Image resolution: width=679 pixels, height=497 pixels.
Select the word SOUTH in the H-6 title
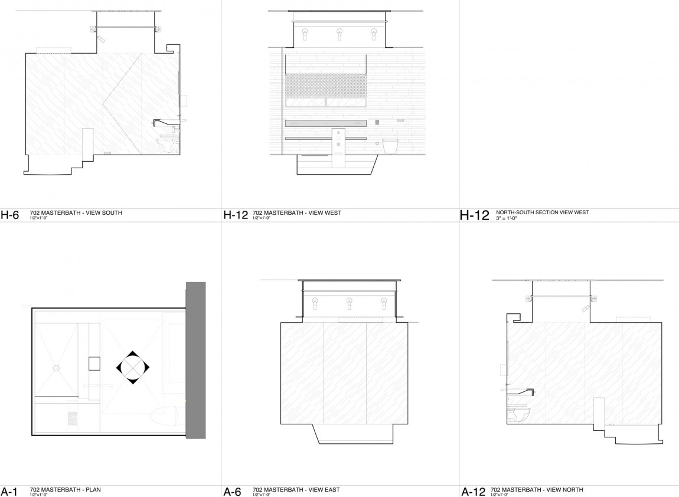[x=112, y=213]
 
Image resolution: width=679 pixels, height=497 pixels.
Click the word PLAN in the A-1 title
[x=93, y=489]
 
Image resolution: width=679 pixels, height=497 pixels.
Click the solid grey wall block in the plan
[x=195, y=360]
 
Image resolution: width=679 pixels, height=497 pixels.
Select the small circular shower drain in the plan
[x=56, y=368]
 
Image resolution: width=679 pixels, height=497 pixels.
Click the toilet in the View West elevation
[x=390, y=146]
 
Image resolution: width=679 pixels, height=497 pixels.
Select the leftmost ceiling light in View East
[x=315, y=302]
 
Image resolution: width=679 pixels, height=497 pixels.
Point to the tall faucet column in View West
[x=338, y=145]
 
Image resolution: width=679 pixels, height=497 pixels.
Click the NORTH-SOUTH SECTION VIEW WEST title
[x=542, y=212]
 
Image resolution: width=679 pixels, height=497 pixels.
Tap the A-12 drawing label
[x=473, y=492]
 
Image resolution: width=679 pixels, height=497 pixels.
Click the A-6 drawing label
[x=233, y=492]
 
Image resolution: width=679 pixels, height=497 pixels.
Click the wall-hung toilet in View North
[x=518, y=415]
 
